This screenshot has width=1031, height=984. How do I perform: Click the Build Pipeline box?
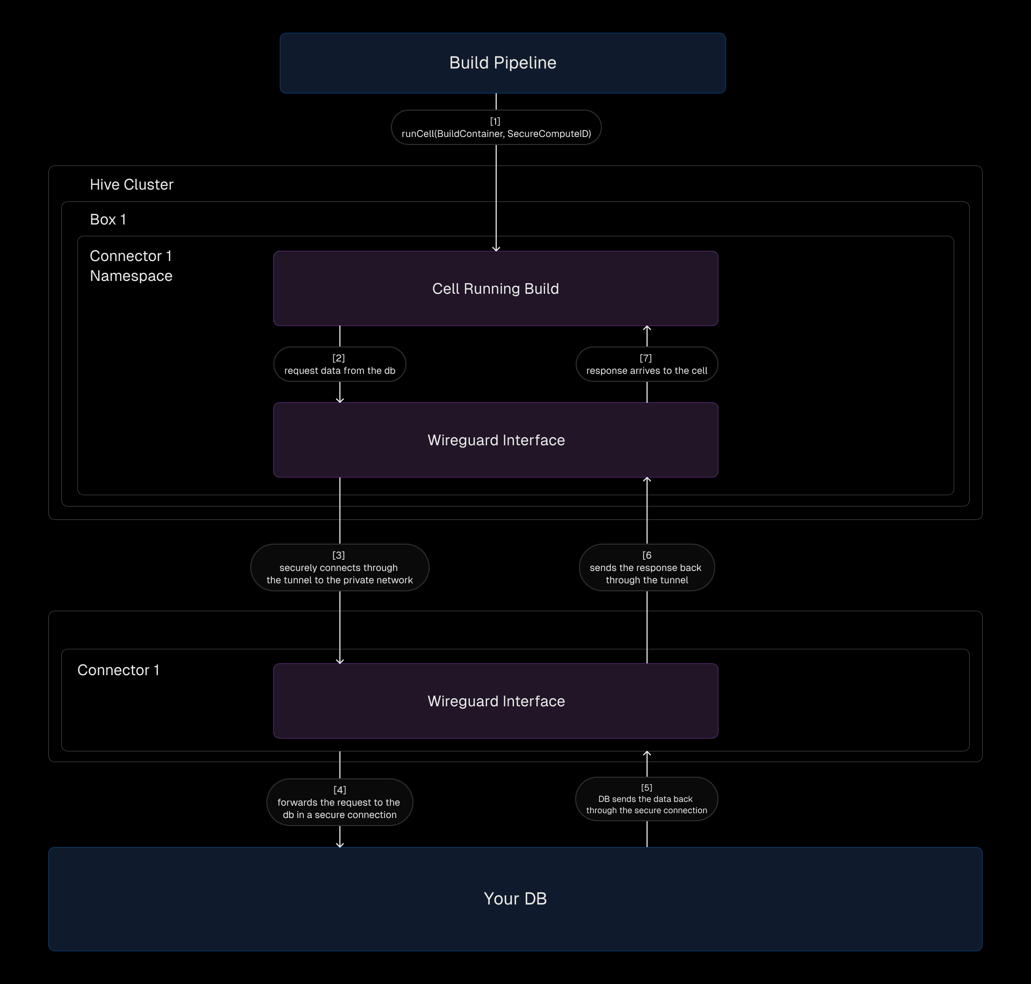503,63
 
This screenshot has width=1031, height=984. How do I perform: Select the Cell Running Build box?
496,288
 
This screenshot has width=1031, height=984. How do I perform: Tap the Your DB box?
515,899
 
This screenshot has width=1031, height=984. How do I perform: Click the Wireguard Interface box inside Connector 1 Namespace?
496,440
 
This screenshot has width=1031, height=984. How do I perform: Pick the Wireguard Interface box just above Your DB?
496,701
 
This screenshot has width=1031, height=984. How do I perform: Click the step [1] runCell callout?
496,127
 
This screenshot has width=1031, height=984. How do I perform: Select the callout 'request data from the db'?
340,364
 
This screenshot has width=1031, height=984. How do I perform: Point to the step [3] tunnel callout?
340,568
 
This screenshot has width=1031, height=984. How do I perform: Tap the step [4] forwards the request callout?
340,802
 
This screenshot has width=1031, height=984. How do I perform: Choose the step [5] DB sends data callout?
647,799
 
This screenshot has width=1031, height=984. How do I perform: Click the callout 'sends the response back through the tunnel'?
647,568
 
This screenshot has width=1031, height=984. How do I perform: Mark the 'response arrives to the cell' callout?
647,364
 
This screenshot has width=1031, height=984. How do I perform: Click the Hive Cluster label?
132,185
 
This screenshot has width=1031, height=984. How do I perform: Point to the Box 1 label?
108,220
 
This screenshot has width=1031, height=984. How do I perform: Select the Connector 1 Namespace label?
131,266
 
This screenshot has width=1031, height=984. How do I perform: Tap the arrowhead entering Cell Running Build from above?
496,249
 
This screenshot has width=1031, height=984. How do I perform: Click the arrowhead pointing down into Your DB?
340,845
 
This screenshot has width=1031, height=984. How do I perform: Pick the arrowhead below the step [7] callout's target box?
647,328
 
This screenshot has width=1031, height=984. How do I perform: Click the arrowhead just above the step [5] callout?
647,754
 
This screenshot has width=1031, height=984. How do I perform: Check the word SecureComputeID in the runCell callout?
549,134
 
